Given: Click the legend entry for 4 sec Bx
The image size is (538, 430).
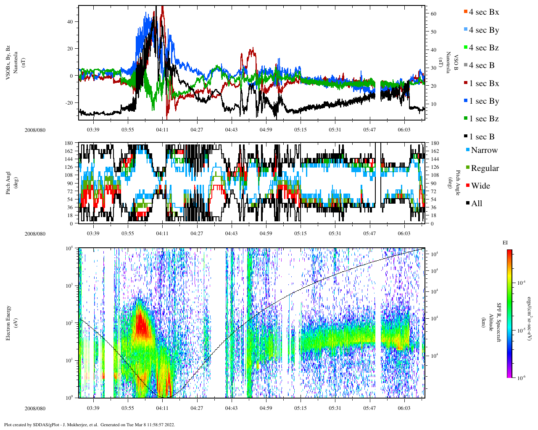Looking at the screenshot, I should pyautogui.click(x=483, y=12).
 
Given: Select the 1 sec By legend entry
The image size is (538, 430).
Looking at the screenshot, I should pyautogui.click(x=483, y=101).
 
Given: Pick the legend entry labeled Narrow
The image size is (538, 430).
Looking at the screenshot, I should pyautogui.click(x=484, y=150).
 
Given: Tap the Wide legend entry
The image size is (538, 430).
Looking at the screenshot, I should pyautogui.click(x=480, y=186).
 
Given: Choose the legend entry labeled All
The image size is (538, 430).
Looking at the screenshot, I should pyautogui.click(x=476, y=204).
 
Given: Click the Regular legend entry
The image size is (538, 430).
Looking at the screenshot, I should pyautogui.click(x=485, y=168).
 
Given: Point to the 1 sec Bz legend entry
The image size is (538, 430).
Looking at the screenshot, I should pyautogui.click(x=483, y=119).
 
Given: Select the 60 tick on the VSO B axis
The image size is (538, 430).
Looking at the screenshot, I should pyautogui.click(x=433, y=14).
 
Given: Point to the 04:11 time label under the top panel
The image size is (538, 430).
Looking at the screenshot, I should pyautogui.click(x=162, y=130).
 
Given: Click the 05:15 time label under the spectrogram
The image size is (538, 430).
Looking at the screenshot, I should pyautogui.click(x=300, y=408).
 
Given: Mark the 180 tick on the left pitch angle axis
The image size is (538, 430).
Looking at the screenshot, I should pyautogui.click(x=69, y=143).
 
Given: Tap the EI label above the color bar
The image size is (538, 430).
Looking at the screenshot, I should pyautogui.click(x=505, y=243).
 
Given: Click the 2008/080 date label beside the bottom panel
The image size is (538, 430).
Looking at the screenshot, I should pyautogui.click(x=35, y=408).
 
